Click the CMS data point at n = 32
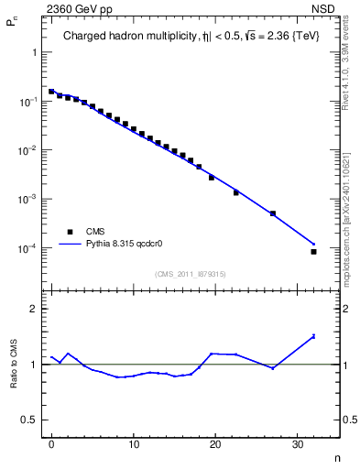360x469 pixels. [313, 251]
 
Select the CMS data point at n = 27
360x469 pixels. [273, 213]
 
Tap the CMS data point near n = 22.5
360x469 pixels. [236, 192]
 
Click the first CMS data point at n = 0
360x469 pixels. [51, 92]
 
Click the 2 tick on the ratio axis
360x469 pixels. [38, 309]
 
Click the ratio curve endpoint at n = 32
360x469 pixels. [313, 336]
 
